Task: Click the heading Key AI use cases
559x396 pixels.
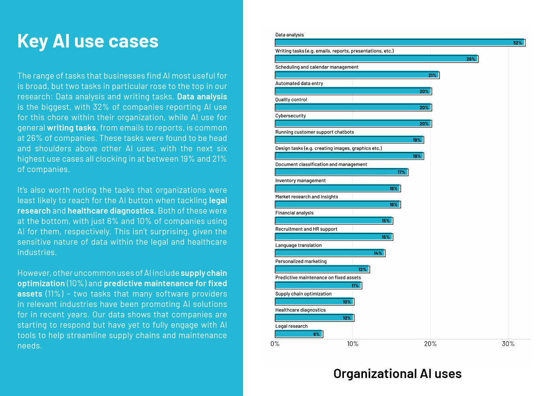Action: (x=88, y=41)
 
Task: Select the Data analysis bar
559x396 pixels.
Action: (x=400, y=43)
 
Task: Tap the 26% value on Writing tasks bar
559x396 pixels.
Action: (x=471, y=59)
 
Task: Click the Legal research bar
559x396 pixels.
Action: (x=298, y=334)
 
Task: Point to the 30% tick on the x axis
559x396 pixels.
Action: (x=508, y=344)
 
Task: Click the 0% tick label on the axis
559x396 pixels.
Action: (x=275, y=344)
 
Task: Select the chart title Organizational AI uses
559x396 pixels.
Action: (x=397, y=374)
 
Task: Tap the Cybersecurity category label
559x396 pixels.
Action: (x=290, y=116)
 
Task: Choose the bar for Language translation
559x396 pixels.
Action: (x=330, y=253)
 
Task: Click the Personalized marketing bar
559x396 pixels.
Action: (x=322, y=269)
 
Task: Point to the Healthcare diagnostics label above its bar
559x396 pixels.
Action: (x=300, y=310)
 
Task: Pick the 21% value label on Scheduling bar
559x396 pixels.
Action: (x=432, y=75)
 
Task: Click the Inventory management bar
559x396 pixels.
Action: (x=337, y=188)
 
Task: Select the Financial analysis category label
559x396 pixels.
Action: (x=294, y=213)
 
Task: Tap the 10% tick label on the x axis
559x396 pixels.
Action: (x=353, y=344)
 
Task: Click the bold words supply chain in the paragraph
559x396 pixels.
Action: (x=204, y=273)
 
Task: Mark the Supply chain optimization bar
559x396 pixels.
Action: (x=314, y=302)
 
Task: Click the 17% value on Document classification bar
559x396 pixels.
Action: (x=401, y=172)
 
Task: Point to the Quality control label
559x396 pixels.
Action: (x=291, y=99)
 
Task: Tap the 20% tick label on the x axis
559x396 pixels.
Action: (x=430, y=344)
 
